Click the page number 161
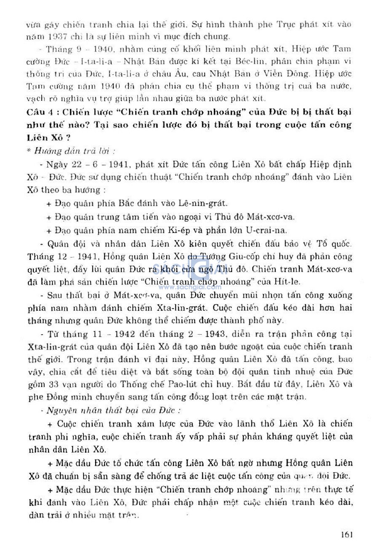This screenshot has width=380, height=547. pyautogui.click(x=346, y=534)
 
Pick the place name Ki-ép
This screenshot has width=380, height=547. pyautogui.click(x=179, y=230)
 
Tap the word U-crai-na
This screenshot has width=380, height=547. pyautogui.click(x=266, y=230)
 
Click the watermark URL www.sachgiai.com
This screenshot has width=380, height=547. pyautogui.click(x=190, y=287)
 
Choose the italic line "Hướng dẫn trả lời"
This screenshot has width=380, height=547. pyautogui.click(x=74, y=151)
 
